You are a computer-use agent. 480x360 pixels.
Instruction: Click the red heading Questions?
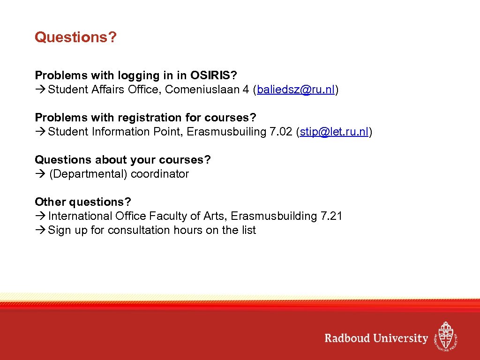coord(75,37)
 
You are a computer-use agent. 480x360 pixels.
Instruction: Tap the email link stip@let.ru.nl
coord(334,132)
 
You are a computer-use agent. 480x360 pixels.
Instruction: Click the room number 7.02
coord(281,132)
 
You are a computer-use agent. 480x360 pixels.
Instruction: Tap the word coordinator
coord(160,174)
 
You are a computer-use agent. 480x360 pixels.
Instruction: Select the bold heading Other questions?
coord(83,202)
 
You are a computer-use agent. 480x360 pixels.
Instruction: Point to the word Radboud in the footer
coord(347,338)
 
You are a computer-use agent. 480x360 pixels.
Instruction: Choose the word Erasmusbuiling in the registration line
coord(226,132)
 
